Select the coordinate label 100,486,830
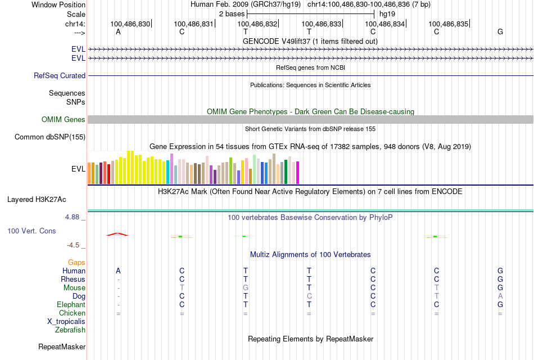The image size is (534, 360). [x=130, y=24]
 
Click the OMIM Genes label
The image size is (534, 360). [x=63, y=119]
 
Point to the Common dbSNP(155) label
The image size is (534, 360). [x=50, y=137]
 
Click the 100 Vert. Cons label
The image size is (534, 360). [x=32, y=231]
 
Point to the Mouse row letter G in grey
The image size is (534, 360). [x=246, y=287]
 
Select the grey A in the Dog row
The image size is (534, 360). [x=500, y=296]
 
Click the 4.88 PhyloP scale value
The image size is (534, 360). [x=75, y=217]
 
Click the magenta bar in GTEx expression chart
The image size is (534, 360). [x=298, y=172]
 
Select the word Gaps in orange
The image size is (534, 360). [x=76, y=262]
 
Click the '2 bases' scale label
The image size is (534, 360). [x=232, y=13]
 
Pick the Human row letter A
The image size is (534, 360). [x=118, y=271]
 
